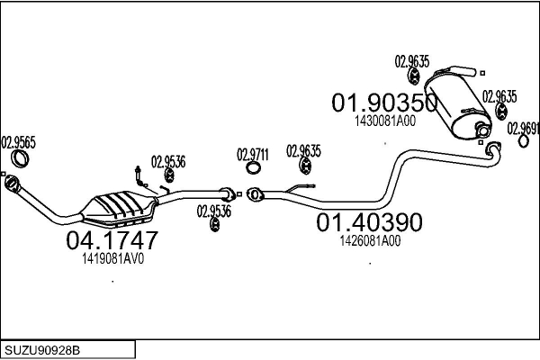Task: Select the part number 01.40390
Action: click(368, 221)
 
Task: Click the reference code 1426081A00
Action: click(370, 240)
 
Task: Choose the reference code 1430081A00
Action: click(384, 121)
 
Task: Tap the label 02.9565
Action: click(18, 141)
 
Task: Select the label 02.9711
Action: click(253, 153)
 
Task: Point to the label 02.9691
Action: click(523, 127)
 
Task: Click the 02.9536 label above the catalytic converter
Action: click(168, 162)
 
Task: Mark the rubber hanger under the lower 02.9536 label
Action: click(214, 223)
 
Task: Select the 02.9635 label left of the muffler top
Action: click(412, 62)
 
